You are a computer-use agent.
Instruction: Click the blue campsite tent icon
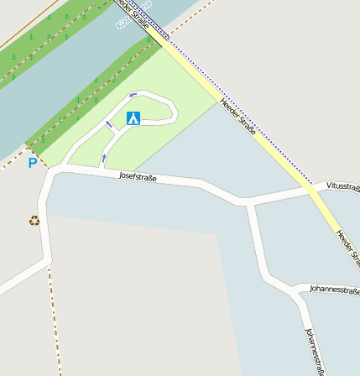coord(133,118)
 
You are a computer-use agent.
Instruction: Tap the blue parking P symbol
coord(33,163)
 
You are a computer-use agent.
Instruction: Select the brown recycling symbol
coord(34,221)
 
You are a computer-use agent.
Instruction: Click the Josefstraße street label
coord(138,176)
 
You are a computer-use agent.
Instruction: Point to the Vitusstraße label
coord(343,185)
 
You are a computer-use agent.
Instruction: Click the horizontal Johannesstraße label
coord(334,291)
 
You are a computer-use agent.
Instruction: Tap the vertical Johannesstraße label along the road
coord(315,351)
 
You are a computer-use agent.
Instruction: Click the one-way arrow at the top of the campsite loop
coord(133,95)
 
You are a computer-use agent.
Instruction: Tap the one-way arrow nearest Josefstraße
coord(104,157)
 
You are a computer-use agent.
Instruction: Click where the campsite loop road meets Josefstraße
coord(102,170)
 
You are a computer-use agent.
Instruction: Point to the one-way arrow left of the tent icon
coord(108,125)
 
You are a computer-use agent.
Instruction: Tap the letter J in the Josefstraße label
coord(122,175)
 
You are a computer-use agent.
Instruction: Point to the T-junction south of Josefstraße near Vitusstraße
coord(248,201)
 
